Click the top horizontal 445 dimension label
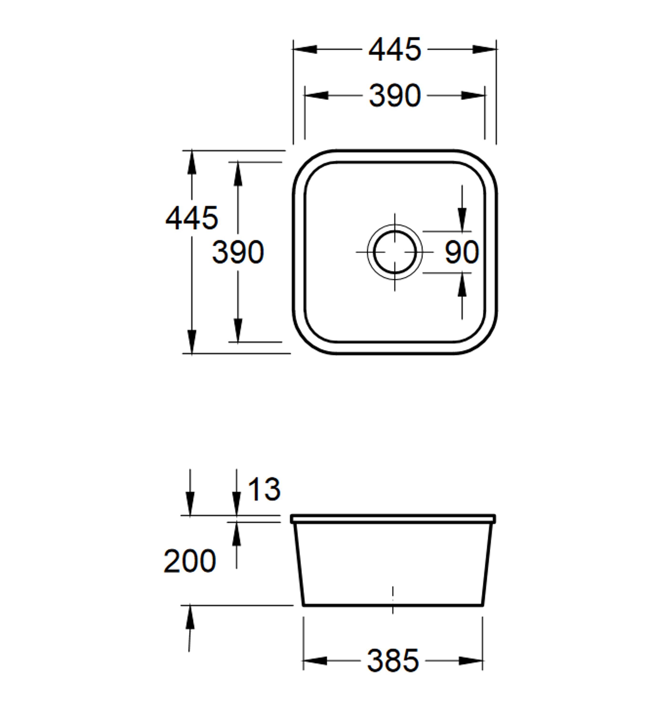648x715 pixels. click(395, 49)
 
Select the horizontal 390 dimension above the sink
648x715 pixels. click(395, 95)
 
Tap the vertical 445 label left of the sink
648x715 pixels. click(192, 218)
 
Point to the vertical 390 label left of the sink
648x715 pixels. click(238, 252)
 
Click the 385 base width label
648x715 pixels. click(393, 661)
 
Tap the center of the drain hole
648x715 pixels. click(395, 252)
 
